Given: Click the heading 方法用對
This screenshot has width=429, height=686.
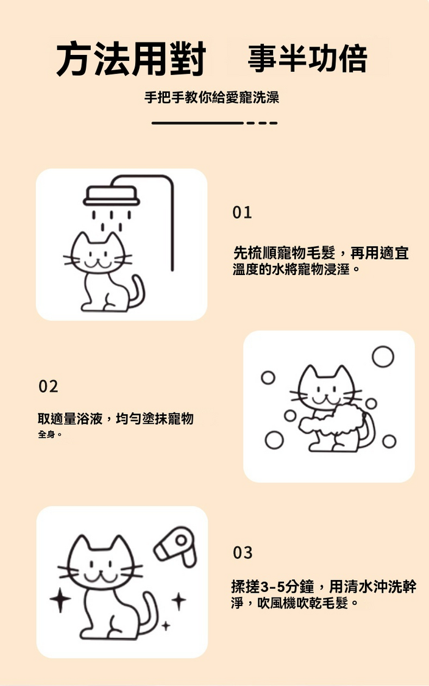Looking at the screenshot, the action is pyautogui.click(x=131, y=59).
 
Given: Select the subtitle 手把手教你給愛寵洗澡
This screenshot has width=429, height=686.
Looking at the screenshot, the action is pyautogui.click(x=211, y=97).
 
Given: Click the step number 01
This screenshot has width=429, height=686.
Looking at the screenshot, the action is pyautogui.click(x=243, y=213).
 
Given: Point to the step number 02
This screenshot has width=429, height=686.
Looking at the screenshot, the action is pyautogui.click(x=48, y=387).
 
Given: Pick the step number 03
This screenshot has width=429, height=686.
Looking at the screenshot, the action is pyautogui.click(x=243, y=552).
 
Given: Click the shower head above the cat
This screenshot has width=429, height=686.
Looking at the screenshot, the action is pyautogui.click(x=112, y=195).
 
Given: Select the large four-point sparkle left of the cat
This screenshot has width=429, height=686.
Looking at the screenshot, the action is pyautogui.click(x=60, y=599).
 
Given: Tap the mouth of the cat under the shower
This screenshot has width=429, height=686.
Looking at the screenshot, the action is pyautogui.click(x=98, y=265).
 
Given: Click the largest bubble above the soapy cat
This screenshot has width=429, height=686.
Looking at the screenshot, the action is pyautogui.click(x=383, y=357).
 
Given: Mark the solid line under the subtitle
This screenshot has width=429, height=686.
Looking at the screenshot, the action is pyautogui.click(x=197, y=123).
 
